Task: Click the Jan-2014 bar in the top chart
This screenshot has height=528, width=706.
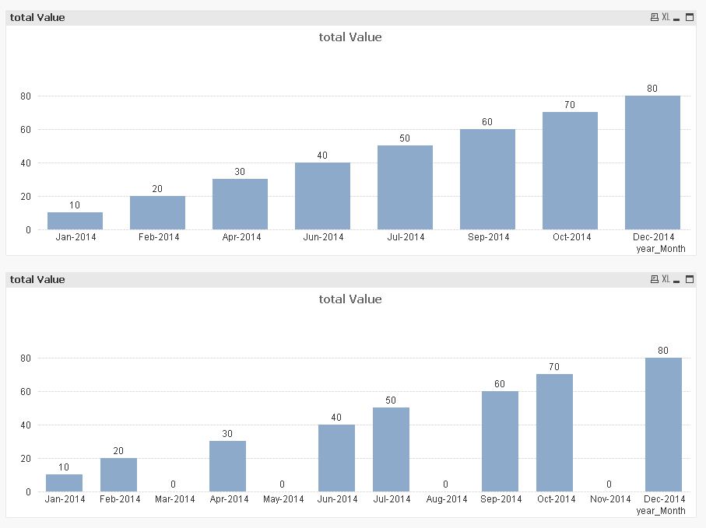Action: pos(75,221)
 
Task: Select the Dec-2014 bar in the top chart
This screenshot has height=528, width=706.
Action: pos(652,163)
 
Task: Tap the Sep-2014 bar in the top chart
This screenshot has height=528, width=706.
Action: pos(487,180)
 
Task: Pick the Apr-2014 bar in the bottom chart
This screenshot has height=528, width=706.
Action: pos(227,467)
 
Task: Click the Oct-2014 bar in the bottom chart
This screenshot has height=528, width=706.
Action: pos(554,433)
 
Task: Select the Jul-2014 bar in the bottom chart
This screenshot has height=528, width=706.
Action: pos(391,449)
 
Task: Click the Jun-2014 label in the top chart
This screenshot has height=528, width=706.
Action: pos(322,237)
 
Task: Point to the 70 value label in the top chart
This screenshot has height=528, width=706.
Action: pos(570,105)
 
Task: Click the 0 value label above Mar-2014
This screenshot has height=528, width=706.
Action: pos(173,484)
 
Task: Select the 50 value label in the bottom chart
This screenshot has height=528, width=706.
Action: pos(391,400)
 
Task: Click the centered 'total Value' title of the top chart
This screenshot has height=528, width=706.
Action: pos(350,37)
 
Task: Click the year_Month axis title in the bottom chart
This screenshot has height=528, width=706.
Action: pos(661,511)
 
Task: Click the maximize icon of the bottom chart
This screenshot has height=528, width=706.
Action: pos(689,279)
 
